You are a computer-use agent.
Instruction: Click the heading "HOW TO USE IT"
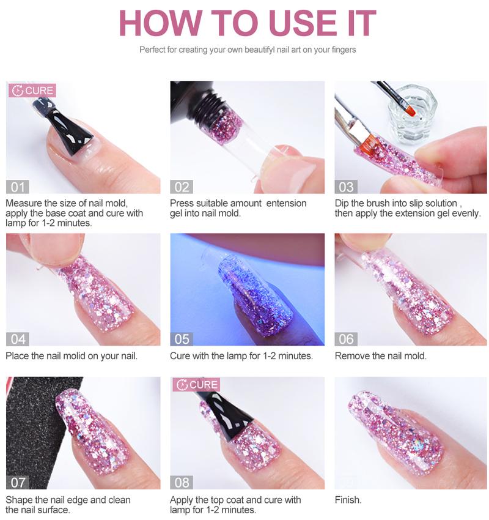pos(247,23)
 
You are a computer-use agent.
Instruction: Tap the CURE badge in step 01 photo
pos(33,91)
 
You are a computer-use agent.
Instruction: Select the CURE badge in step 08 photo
pos(197,385)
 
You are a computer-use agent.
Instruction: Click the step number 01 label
pos(17,187)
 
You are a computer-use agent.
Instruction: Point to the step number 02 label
pos(182,187)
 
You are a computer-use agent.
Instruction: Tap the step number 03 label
pos(347,187)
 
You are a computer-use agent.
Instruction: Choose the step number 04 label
pos(17,338)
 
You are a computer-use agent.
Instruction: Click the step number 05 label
pos(182,338)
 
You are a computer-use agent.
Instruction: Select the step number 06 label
pos(347,338)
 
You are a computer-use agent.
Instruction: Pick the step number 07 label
pos(17,482)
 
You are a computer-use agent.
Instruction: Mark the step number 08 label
pos(182,482)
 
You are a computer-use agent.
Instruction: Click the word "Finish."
pos(348,500)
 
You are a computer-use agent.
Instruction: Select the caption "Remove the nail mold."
pos(380,355)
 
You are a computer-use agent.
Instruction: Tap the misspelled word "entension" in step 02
pos(286,203)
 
